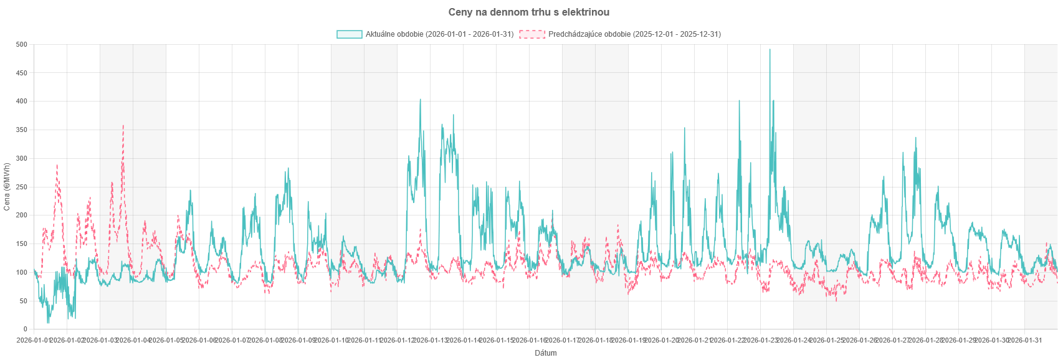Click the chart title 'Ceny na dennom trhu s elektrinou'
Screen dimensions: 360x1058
529,12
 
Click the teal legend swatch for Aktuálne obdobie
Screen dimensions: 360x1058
349,34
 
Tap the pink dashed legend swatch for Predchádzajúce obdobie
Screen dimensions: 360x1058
532,34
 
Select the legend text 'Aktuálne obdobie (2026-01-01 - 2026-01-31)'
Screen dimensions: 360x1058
440,34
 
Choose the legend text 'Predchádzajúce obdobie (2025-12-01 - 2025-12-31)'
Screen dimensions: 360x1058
634,34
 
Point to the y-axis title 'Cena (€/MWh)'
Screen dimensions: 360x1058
7,187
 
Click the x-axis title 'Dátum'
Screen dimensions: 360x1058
546,353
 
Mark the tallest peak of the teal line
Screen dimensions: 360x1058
770,49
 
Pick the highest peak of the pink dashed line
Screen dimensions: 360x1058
123,125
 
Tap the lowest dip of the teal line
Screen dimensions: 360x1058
48,323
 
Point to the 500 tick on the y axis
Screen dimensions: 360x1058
24,45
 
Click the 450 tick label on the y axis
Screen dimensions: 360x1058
24,73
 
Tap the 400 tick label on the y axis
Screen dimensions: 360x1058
24,102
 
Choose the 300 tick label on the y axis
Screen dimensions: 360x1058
24,159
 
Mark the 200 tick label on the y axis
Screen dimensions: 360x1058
24,216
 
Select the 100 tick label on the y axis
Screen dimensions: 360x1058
24,273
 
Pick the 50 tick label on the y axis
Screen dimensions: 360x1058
25,301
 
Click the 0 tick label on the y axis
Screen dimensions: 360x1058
27,329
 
